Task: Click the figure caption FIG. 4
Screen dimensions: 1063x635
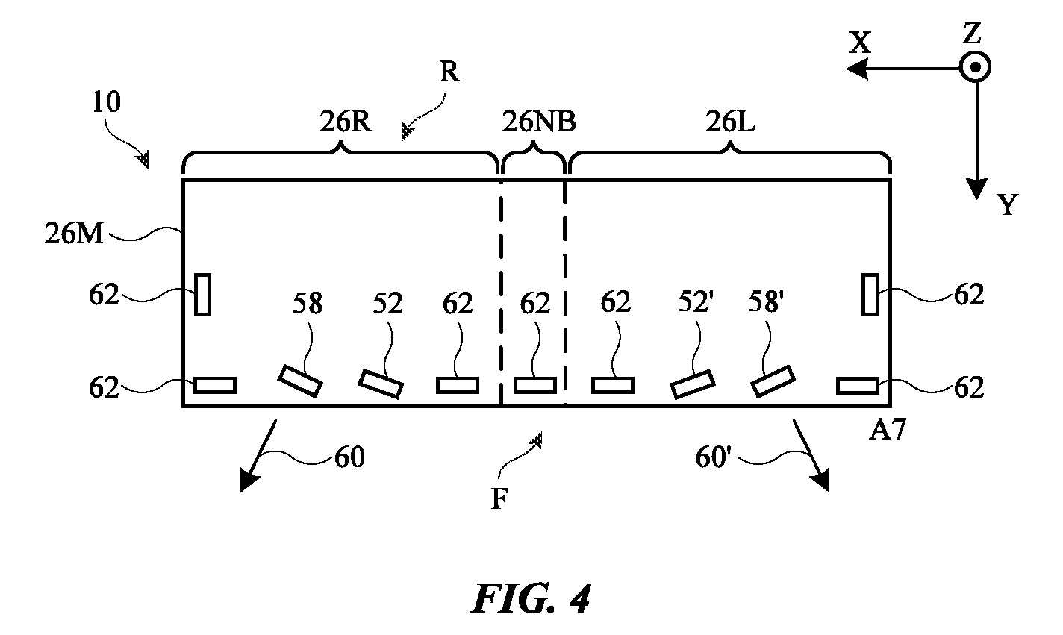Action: [531, 599]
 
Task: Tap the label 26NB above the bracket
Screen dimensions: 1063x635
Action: [539, 122]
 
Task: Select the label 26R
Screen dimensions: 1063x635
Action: [346, 122]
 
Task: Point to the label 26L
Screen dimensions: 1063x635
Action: [730, 122]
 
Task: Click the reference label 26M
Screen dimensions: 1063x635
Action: [74, 234]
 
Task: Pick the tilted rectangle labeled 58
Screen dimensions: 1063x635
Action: [300, 381]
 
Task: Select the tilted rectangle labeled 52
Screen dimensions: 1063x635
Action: [381, 384]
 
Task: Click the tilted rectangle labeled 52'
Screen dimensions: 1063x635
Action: [693, 384]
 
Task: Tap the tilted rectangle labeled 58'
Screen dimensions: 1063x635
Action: [773, 381]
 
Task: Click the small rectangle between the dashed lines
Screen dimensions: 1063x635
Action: [534, 386]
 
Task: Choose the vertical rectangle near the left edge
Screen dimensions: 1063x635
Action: [202, 295]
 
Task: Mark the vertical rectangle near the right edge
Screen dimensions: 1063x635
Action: [870, 295]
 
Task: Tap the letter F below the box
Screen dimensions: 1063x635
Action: [499, 499]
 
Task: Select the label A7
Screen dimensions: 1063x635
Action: [887, 431]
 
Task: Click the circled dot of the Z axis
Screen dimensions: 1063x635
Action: [975, 67]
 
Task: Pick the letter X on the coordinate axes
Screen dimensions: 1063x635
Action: [860, 43]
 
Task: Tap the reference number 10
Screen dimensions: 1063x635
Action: [106, 101]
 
